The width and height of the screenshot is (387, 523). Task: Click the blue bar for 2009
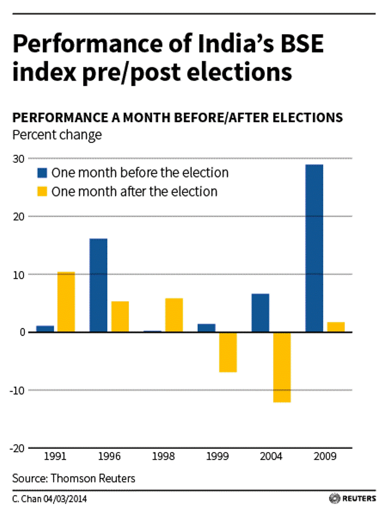pos(314,248)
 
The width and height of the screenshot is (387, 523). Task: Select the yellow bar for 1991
pos(66,302)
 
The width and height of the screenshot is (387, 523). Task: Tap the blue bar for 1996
pos(98,285)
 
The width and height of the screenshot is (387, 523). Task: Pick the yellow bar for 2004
pos(281,367)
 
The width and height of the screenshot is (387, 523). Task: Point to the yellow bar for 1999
pos(227,352)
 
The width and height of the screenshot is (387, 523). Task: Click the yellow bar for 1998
pos(174,315)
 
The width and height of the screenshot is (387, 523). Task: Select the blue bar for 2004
pos(260,313)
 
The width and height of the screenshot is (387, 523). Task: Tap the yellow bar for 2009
pos(336,327)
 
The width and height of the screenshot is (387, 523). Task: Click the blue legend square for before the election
pos(42,173)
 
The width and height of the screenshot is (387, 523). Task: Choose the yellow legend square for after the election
pos(42,192)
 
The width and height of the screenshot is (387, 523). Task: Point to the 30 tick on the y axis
pos(18,159)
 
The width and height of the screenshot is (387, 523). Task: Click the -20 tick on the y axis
pos(17,448)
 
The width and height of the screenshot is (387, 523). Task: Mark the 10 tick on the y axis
pos(18,274)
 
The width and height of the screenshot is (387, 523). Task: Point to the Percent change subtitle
pos(57,135)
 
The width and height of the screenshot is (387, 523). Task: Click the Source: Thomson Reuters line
pos(74,479)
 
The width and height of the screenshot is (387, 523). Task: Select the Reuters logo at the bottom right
pos(352,498)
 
